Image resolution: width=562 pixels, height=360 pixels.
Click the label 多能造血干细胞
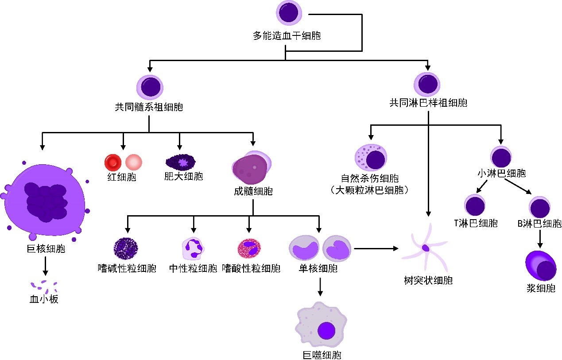point(287,36)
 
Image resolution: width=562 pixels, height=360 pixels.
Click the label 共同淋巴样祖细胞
point(428,103)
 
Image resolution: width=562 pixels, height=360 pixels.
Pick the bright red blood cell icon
point(112,163)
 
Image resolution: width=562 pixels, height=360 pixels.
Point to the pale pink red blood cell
point(134,163)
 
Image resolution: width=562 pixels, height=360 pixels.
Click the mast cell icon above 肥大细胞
point(179,163)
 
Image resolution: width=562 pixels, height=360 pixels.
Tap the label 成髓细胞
point(253,191)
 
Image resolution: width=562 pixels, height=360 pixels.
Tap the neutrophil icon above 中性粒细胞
point(194,248)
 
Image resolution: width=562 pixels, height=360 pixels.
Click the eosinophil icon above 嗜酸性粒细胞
point(249,248)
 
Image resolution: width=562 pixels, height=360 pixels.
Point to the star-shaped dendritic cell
point(426,248)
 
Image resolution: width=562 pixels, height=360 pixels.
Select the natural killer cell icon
point(371,158)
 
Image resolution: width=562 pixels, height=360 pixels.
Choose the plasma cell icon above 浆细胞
point(541,265)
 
